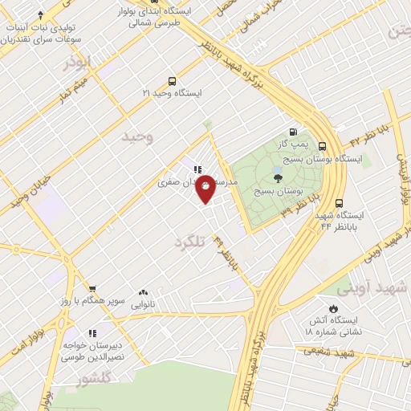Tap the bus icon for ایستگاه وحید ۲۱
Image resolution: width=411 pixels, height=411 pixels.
[x=172, y=81]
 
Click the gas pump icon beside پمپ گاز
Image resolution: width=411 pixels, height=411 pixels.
[x=293, y=132]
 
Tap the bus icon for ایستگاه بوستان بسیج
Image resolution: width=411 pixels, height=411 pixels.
[x=322, y=146]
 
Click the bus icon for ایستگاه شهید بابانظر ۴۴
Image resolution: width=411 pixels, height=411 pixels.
[x=339, y=203]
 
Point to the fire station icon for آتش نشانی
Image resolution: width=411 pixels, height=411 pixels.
[x=333, y=309]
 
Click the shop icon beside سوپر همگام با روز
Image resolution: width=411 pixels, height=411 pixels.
[x=93, y=290]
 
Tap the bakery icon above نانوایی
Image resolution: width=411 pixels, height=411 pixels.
[x=144, y=293]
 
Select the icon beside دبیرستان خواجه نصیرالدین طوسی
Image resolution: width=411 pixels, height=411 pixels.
[x=93, y=332]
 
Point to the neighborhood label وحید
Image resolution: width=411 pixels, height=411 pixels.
[x=136, y=137]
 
